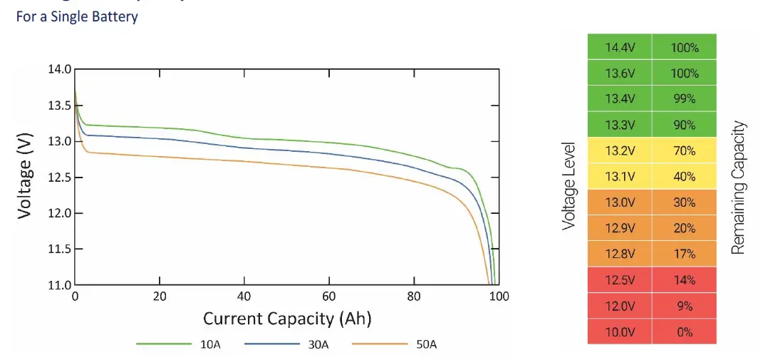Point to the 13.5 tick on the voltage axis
(x=60, y=106)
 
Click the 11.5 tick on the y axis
(x=60, y=250)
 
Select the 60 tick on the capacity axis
(x=329, y=297)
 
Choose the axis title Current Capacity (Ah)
(x=287, y=318)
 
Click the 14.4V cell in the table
(x=619, y=48)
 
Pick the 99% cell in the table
(x=684, y=99)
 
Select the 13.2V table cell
(x=619, y=151)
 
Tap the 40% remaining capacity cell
(x=684, y=177)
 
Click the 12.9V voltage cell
(x=619, y=228)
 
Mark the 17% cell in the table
(x=684, y=254)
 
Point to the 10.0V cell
(x=619, y=331)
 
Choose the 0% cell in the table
(x=684, y=331)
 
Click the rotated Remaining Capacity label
(x=739, y=188)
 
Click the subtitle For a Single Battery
(x=77, y=16)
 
